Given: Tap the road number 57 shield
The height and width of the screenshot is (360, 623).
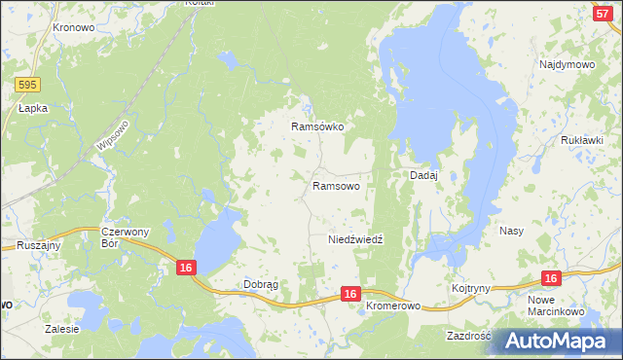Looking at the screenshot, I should pos(601,12).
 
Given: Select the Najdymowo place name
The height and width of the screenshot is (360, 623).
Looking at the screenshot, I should pos(567,64).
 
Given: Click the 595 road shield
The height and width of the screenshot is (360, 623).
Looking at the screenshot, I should pos(27,86).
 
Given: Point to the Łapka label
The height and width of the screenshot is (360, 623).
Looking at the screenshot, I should pos(32,109).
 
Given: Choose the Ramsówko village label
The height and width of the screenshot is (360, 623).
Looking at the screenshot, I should pos(318,126).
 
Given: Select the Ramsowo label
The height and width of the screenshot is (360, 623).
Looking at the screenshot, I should pos(337,185).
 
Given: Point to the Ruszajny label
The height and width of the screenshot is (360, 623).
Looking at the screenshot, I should pos(39,245).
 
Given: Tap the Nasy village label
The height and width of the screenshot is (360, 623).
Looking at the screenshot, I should pos(511,232).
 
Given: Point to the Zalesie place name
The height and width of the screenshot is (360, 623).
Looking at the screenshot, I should pos(61,329).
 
